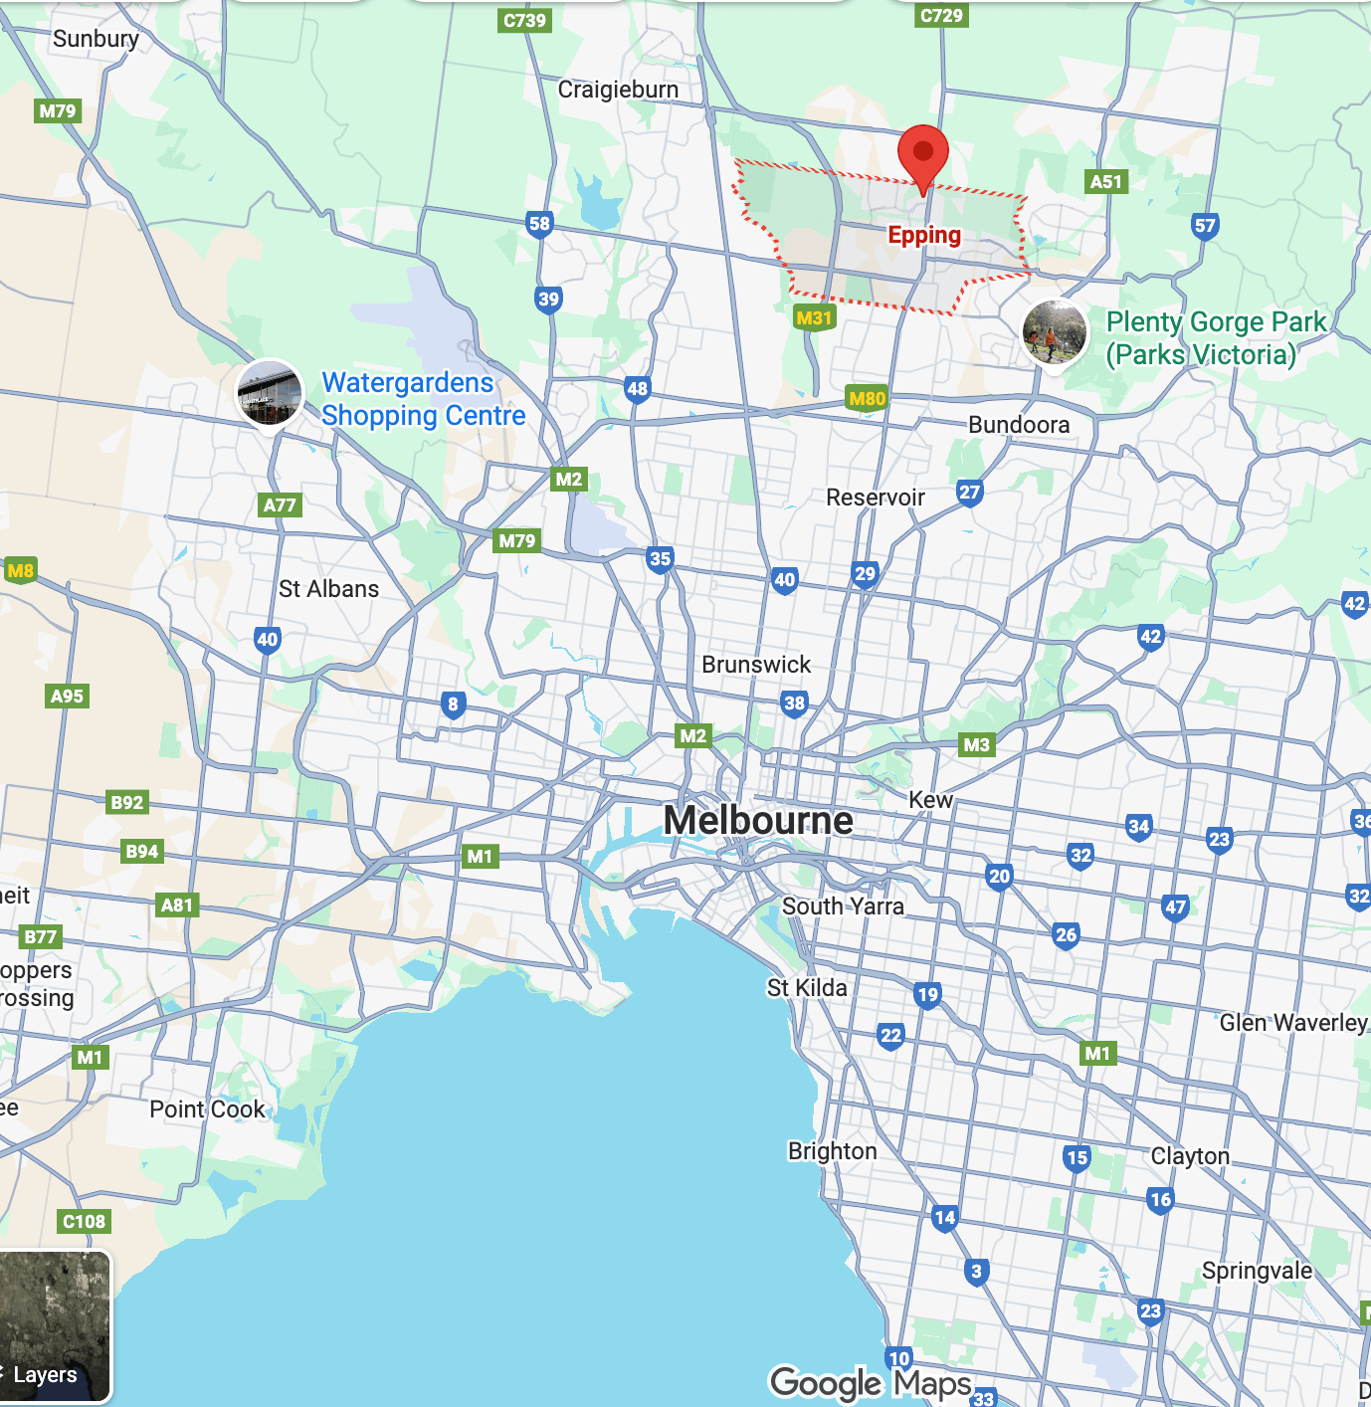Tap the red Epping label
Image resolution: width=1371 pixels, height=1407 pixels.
coord(924,235)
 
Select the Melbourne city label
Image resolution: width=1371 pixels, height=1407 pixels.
coord(758,821)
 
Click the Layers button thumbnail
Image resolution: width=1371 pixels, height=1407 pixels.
coord(55,1325)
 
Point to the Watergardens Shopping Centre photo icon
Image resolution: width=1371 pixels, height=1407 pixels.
coord(269,392)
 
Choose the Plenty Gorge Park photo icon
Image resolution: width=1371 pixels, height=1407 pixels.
coord(1055,331)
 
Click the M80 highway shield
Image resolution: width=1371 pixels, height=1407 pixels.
coord(867,399)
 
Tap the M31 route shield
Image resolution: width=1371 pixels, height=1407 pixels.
coord(814,318)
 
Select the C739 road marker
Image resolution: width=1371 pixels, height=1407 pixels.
coord(524,20)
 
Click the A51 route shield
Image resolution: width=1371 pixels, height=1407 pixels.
coord(1105,181)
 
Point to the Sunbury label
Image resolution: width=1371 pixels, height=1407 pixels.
coord(96,39)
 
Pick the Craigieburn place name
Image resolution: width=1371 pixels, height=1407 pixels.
coord(618,90)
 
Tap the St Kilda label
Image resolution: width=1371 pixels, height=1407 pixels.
coord(807,988)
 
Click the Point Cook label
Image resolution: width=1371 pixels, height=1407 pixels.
coord(207,1109)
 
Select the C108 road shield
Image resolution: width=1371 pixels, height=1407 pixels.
coord(84,1221)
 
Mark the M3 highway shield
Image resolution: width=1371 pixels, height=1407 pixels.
coord(976,744)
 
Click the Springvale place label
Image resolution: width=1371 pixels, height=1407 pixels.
coord(1257,1271)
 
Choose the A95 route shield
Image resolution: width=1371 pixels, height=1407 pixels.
coord(67,696)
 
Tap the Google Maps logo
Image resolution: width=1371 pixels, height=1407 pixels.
coord(871,1382)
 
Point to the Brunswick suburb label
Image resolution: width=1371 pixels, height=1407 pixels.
coord(756,665)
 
